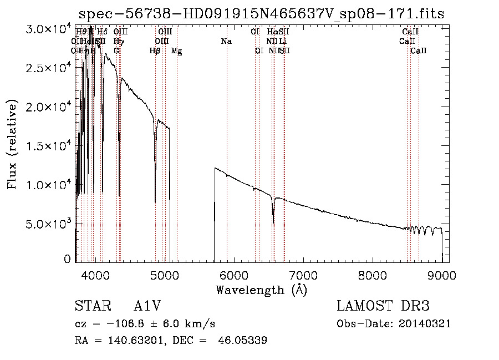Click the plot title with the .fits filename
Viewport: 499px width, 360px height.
click(x=262, y=13)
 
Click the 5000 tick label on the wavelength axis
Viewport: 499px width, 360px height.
click(x=164, y=275)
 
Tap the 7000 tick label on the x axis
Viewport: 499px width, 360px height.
click(x=303, y=275)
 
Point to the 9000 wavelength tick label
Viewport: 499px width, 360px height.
click(x=441, y=275)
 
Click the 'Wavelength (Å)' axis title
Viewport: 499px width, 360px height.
click(x=261, y=289)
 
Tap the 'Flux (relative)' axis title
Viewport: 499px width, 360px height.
click(x=13, y=145)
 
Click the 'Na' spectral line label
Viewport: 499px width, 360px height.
click(x=226, y=42)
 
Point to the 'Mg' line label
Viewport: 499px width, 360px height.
click(x=176, y=51)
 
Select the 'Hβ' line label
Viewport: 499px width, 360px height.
click(x=155, y=51)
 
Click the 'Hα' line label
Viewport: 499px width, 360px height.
click(x=272, y=32)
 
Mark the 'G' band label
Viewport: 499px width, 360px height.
click(x=116, y=51)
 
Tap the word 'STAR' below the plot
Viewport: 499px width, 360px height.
click(x=92, y=307)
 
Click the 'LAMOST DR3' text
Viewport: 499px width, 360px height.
click(x=383, y=307)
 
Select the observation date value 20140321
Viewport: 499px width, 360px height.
click(x=427, y=323)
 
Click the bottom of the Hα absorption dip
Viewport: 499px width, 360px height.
click(x=273, y=223)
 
